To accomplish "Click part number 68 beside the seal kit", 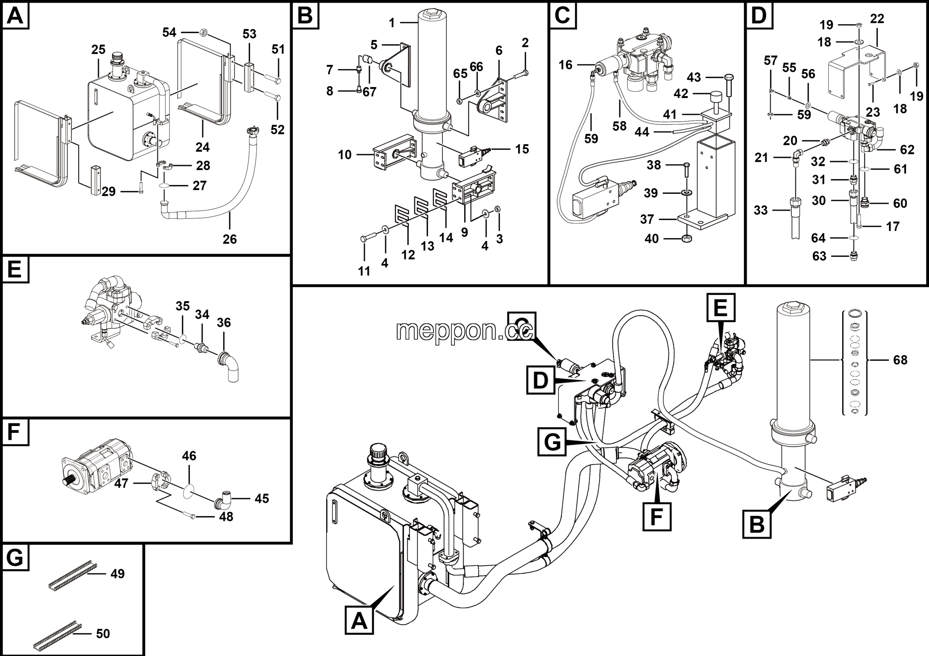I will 900,360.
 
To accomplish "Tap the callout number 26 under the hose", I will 229,239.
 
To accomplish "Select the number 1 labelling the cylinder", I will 391,23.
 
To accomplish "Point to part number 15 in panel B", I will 522,149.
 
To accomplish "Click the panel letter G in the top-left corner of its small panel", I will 15,558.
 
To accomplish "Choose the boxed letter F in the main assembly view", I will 656,516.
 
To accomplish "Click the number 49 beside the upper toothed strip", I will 117,574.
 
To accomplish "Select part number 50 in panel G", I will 103,634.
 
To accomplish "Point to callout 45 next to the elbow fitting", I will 261,499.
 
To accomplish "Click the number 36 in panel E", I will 224,323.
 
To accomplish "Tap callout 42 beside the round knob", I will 680,94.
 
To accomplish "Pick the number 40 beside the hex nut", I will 651,239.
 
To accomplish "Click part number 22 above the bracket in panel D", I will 877,19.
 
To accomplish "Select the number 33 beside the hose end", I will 761,210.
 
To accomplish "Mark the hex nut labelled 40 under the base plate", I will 685,239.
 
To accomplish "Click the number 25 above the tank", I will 98,50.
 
